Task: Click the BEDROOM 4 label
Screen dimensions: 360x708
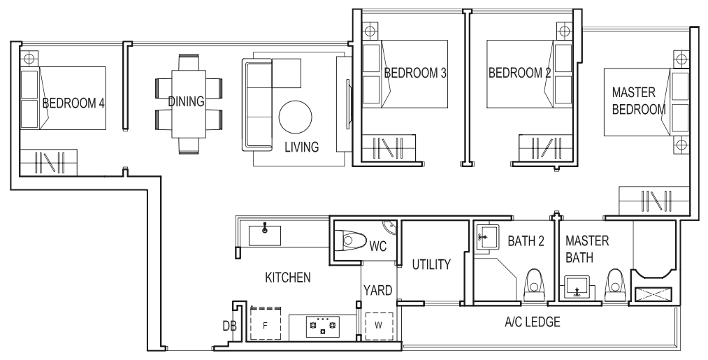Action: [73, 103]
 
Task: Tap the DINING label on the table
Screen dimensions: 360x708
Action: [186, 101]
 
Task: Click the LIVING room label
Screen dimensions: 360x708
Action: [301, 147]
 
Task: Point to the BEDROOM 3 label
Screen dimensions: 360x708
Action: [414, 73]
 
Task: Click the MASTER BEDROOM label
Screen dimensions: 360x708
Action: [638, 101]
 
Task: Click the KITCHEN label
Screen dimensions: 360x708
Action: [287, 278]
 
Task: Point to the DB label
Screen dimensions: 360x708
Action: [229, 326]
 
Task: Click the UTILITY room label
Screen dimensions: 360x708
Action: [431, 265]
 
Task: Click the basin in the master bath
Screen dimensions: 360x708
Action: [577, 287]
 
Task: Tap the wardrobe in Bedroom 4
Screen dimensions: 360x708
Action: [48, 161]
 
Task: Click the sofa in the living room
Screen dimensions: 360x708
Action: [257, 105]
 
